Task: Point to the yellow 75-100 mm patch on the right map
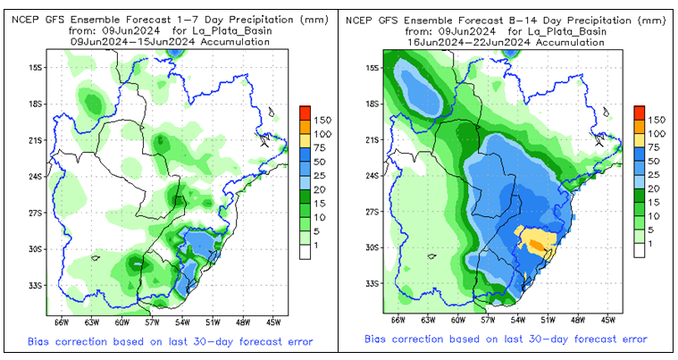536,240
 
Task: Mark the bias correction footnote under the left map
164,342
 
